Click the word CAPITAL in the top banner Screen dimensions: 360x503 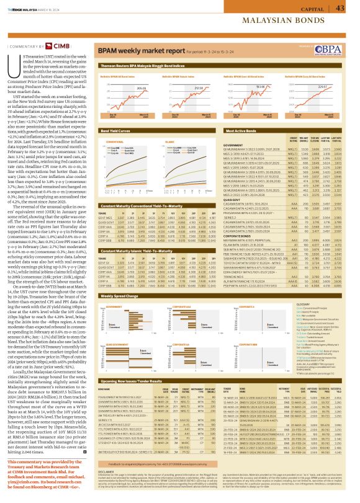click(x=308, y=7)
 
